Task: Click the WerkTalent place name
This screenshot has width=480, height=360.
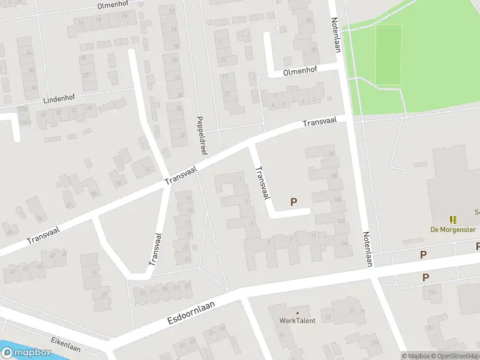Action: [297, 320]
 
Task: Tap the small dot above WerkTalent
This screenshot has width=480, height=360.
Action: [297, 313]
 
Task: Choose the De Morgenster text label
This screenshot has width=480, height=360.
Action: [453, 230]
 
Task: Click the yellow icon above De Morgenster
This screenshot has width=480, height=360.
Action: [452, 220]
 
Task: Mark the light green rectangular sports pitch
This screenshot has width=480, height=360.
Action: [388, 55]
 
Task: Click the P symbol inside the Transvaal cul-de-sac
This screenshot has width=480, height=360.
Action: [293, 202]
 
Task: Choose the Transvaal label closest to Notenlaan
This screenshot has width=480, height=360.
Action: [319, 122]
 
